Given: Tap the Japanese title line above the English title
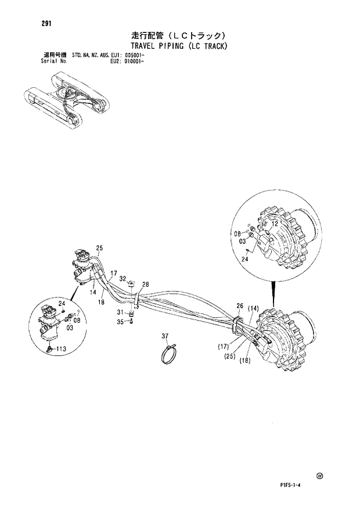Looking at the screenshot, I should pyautogui.click(x=178, y=35).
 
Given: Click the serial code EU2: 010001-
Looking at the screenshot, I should pyautogui.click(x=127, y=60).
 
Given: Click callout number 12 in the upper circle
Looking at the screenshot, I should pyautogui.click(x=275, y=223).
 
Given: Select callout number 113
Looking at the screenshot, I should pyautogui.click(x=60, y=349).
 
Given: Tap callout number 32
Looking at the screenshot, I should pyautogui.click(x=123, y=279).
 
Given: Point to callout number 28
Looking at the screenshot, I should pyautogui.click(x=145, y=284).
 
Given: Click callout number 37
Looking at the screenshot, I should pyautogui.click(x=165, y=336).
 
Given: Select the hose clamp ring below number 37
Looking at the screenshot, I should pyautogui.click(x=170, y=352).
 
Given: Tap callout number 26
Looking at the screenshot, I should pyautogui.click(x=239, y=305).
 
